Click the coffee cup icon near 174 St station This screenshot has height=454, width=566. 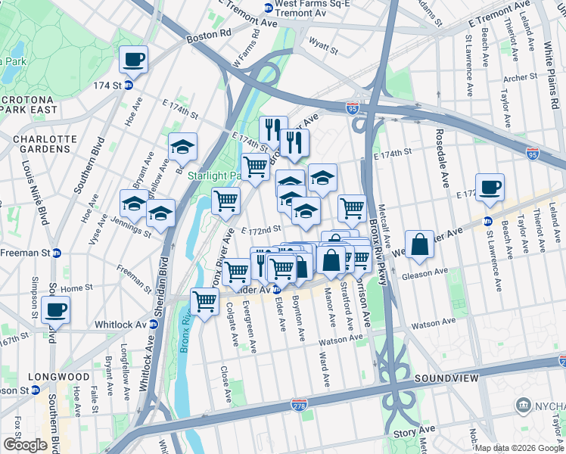point(134,59)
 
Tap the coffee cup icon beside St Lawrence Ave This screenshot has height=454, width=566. point(490,186)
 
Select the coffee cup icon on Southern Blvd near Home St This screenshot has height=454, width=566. point(54,309)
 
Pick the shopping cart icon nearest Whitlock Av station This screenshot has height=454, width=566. point(205,301)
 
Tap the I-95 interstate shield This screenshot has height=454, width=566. point(352,110)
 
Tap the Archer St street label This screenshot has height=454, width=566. point(519,77)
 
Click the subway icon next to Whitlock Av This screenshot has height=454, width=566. point(154,324)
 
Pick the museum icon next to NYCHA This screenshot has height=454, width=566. point(523,406)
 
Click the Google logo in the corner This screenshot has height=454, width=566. point(25,445)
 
